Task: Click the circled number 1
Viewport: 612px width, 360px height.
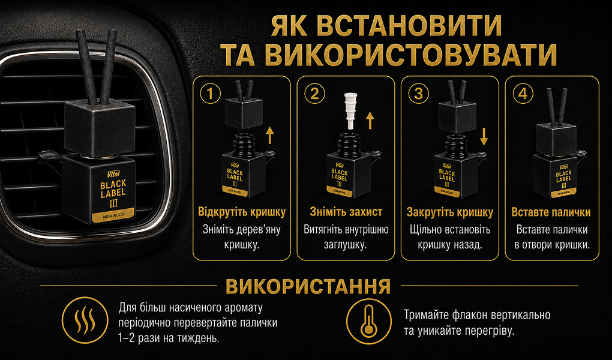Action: (211, 94)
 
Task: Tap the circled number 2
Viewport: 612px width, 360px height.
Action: (314, 94)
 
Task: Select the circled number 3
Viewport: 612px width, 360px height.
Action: (418, 94)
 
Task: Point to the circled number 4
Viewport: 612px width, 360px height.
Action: (523, 94)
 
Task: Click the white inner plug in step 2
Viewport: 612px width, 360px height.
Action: (351, 110)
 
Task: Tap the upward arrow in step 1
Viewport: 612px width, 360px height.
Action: (270, 135)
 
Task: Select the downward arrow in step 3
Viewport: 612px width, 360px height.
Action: (484, 137)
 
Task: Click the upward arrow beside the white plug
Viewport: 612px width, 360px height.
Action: (370, 120)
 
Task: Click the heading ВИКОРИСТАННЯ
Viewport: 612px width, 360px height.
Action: (308, 286)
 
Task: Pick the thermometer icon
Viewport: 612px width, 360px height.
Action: (369, 322)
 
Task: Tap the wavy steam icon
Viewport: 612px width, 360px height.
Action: (85, 320)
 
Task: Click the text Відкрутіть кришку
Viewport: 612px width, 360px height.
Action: (242, 212)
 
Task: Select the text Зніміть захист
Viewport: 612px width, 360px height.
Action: (346, 212)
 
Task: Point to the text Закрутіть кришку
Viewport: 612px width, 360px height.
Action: (449, 212)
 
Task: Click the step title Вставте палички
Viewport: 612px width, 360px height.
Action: (551, 212)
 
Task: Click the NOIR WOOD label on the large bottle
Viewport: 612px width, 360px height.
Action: (113, 215)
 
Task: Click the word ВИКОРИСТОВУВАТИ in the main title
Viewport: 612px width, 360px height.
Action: (410, 55)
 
